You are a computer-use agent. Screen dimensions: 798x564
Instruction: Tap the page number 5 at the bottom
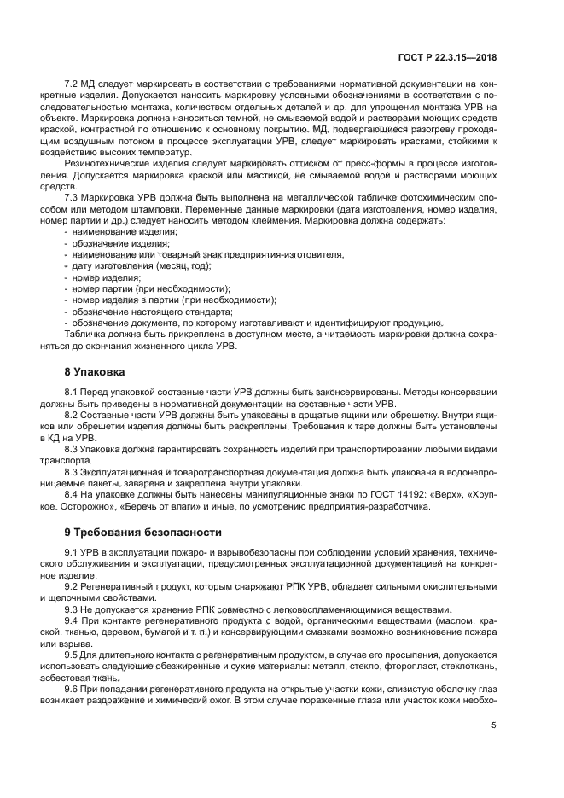point(493,727)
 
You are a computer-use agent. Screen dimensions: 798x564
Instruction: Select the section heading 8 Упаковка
point(94,372)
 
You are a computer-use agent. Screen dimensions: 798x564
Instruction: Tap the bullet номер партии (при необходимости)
point(138,288)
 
